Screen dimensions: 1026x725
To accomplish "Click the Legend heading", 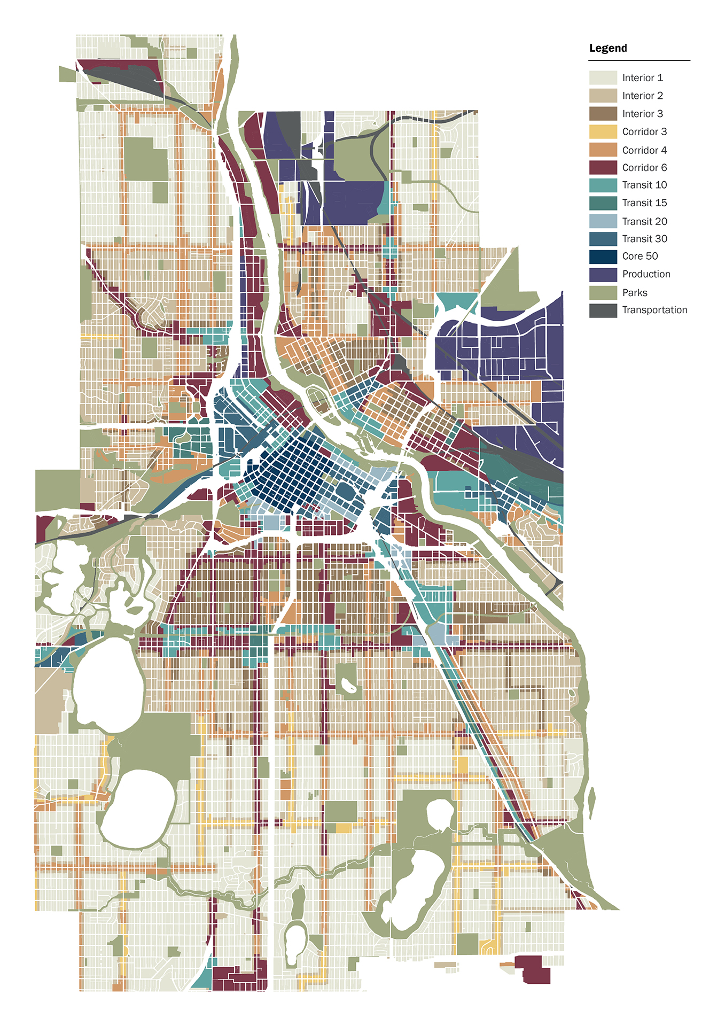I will point(608,48).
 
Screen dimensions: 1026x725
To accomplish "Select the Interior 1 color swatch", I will point(603,77).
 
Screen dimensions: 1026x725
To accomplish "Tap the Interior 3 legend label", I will point(642,114).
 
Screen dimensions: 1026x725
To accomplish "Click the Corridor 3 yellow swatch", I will point(603,131).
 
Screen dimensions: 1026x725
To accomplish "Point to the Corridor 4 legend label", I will point(644,150).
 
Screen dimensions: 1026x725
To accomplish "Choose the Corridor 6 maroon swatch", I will point(603,167).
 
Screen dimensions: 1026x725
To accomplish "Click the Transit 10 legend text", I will point(644,185).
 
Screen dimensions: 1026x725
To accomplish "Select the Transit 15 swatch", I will point(603,203).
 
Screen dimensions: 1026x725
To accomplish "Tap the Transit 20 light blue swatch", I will point(603,221).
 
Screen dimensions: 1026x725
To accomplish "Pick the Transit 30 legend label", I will point(644,239).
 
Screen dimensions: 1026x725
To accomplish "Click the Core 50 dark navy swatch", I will point(603,256).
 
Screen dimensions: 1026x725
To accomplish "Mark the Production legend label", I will point(646,274).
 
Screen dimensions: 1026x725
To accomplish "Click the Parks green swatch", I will point(603,292).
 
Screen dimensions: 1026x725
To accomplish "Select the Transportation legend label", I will point(654,310).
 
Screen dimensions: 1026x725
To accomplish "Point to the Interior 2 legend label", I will point(642,96).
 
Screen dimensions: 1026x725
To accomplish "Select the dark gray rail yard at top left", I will point(128,79).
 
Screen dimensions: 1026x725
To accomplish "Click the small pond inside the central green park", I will point(348,686).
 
